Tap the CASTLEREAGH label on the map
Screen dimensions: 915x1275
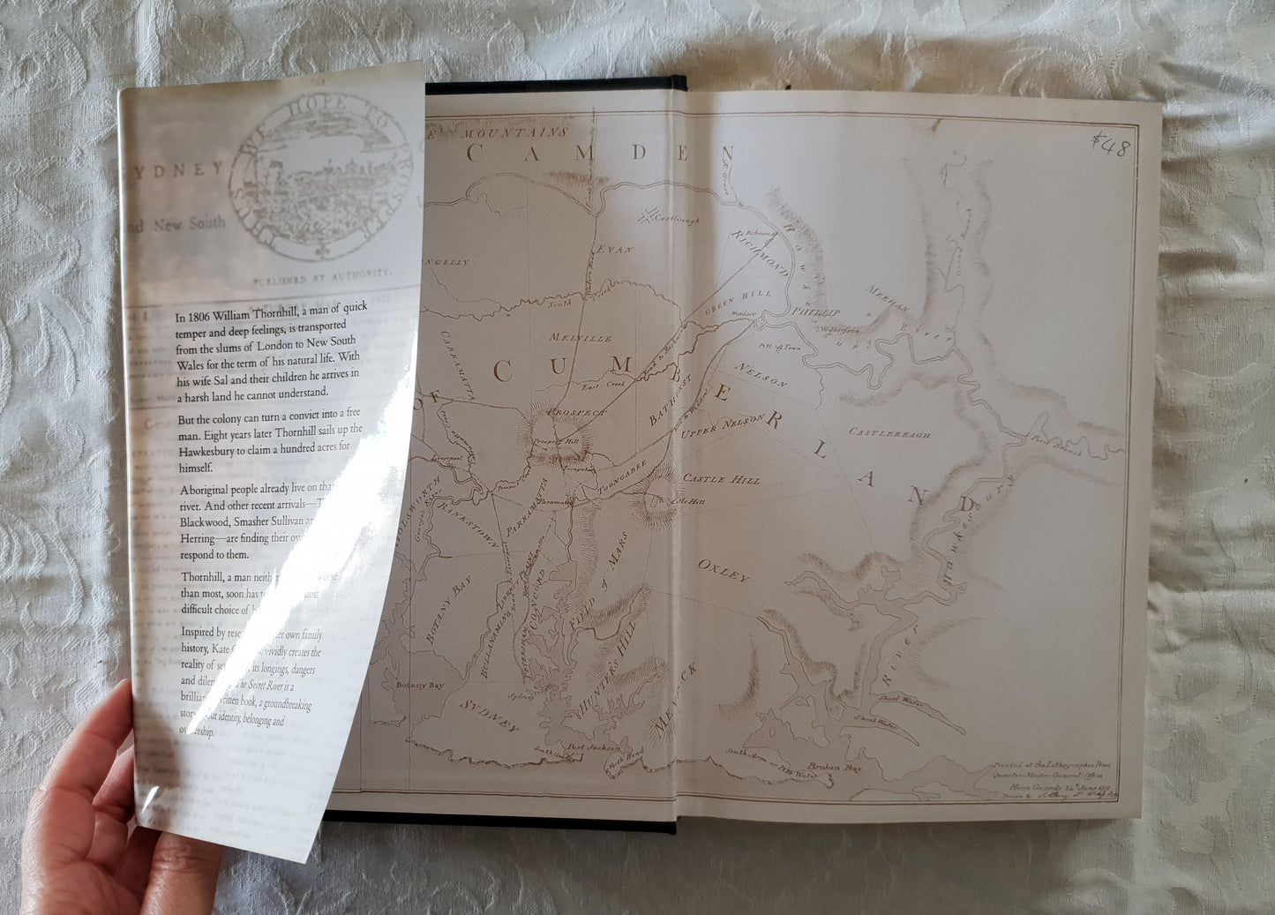tap(889, 433)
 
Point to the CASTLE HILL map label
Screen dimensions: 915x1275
tap(722, 479)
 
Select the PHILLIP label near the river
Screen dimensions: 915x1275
tap(816, 312)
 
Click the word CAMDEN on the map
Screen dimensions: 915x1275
tap(600, 153)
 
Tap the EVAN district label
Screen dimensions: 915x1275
tap(615, 251)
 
